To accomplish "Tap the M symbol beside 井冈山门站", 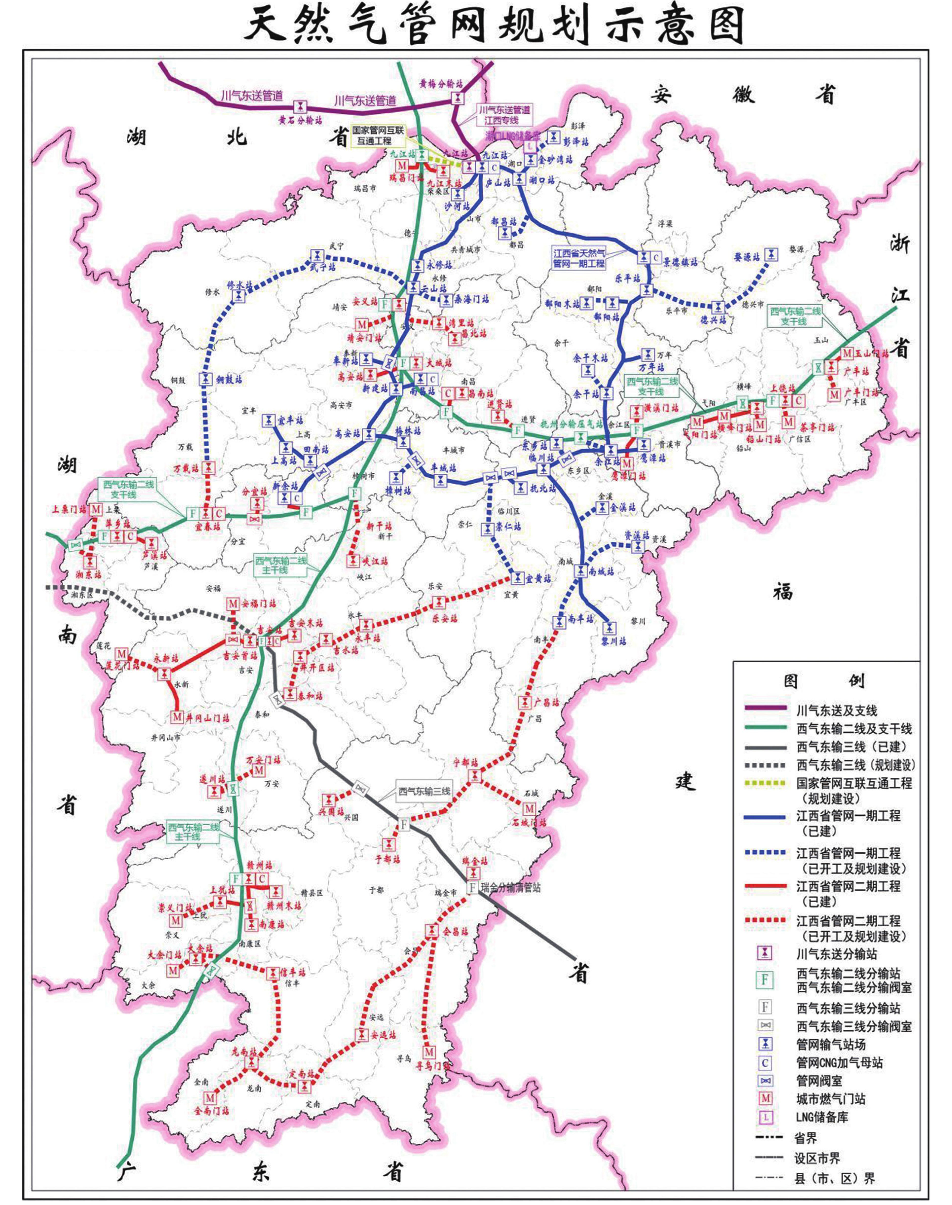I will coord(177,717).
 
